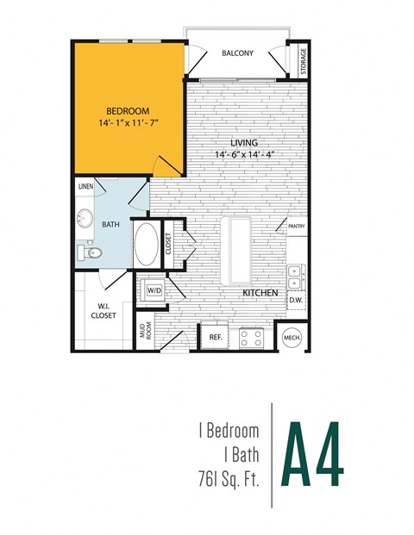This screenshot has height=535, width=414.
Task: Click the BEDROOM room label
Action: tap(128, 111)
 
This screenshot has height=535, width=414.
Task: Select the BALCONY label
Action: tap(237, 53)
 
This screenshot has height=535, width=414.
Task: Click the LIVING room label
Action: tap(245, 142)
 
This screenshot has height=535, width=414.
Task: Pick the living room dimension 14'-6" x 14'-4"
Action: tap(250, 155)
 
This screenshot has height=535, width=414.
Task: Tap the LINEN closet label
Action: tap(85, 186)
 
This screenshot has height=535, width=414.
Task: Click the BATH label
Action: tap(110, 224)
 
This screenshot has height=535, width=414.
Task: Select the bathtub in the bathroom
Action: tap(146, 246)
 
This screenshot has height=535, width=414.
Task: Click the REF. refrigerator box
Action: tap(216, 337)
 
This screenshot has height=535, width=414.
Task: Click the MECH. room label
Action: tap(292, 338)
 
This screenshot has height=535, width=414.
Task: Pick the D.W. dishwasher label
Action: tap(295, 300)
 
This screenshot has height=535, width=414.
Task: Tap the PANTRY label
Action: tap(298, 227)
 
